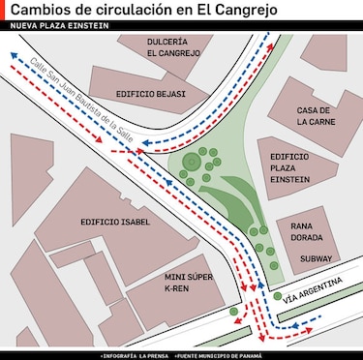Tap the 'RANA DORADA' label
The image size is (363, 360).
click(304, 232)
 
